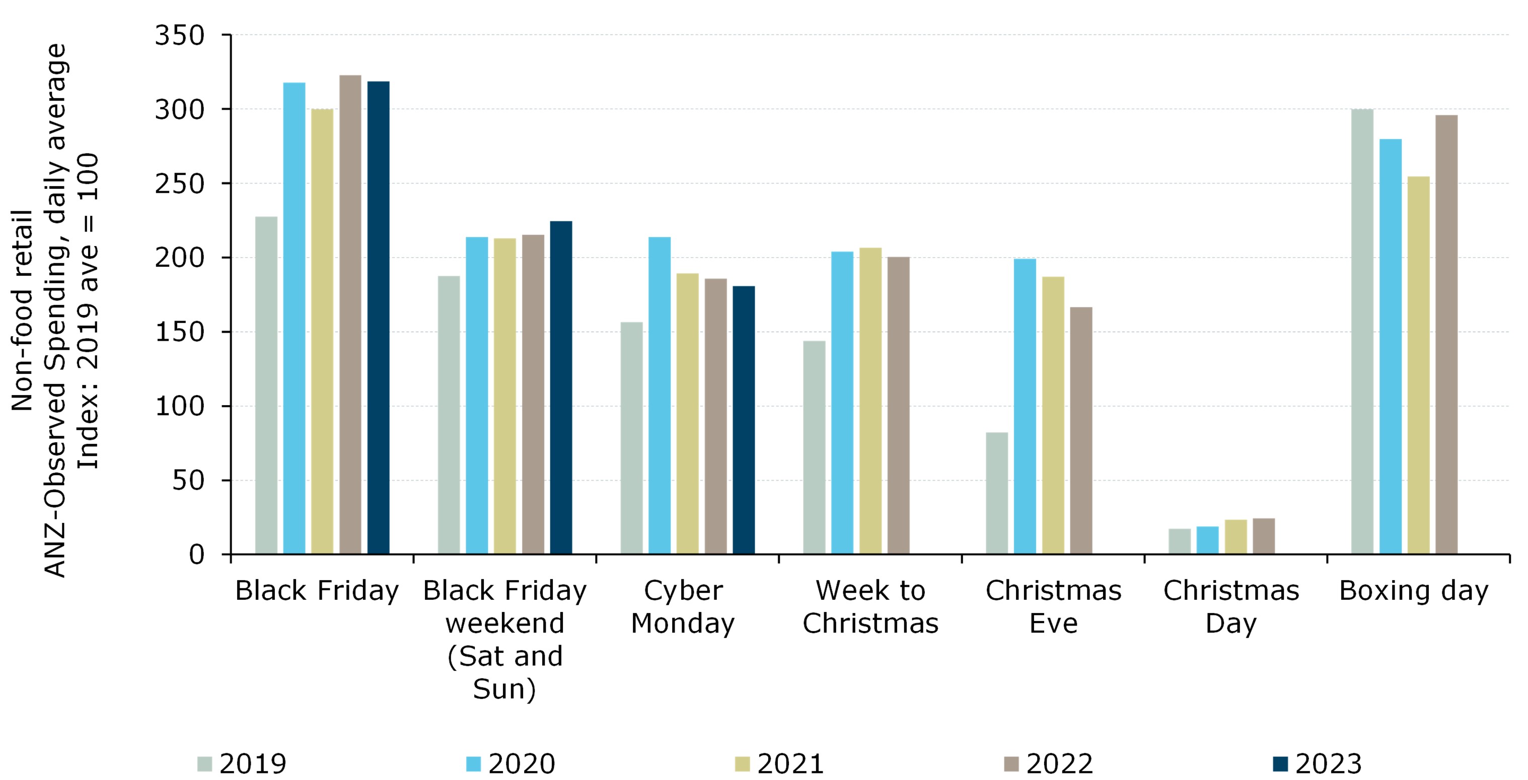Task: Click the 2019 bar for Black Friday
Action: coord(266,385)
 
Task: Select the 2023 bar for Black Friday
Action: coord(379,318)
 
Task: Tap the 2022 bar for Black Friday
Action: coord(350,315)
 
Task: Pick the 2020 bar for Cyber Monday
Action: coord(660,396)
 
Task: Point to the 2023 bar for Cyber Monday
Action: coord(744,420)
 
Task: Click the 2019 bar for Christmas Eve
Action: coord(996,493)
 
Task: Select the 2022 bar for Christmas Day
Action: coord(1264,536)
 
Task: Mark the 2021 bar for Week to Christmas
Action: coord(870,401)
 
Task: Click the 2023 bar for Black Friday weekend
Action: coord(561,387)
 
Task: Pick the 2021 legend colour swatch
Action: coord(742,764)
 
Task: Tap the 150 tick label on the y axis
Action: coord(179,332)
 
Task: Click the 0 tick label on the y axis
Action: coord(196,555)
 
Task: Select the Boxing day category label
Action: coord(1414,591)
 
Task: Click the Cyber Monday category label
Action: coord(683,607)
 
